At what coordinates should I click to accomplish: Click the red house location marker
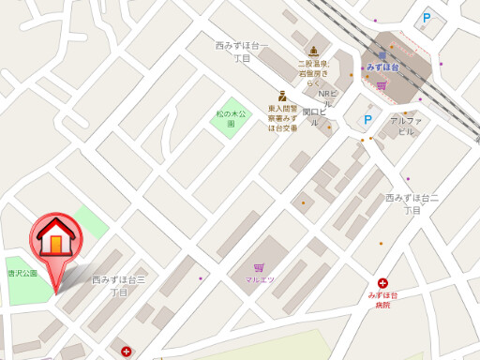point(56,240)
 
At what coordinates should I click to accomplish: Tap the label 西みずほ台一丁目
point(242,52)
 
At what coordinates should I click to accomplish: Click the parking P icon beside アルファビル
point(368,120)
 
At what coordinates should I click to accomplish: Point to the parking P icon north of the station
point(427,18)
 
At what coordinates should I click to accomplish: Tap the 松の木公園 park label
point(231,118)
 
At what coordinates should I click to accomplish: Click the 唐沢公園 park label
point(22,273)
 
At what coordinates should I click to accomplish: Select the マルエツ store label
point(260,279)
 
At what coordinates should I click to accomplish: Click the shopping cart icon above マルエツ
point(259,267)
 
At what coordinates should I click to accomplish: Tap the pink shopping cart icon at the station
point(382,85)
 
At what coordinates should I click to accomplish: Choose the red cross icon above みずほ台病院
point(382,283)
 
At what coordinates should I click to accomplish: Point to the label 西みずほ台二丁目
point(412,203)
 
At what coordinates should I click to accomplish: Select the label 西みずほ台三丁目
point(119,286)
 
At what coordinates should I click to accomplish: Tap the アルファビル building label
point(405,126)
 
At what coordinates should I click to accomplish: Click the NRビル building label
point(326,98)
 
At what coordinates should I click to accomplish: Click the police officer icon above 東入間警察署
point(282,96)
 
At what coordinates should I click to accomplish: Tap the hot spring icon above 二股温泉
point(313,51)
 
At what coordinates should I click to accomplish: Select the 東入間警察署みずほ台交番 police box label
point(282,118)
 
